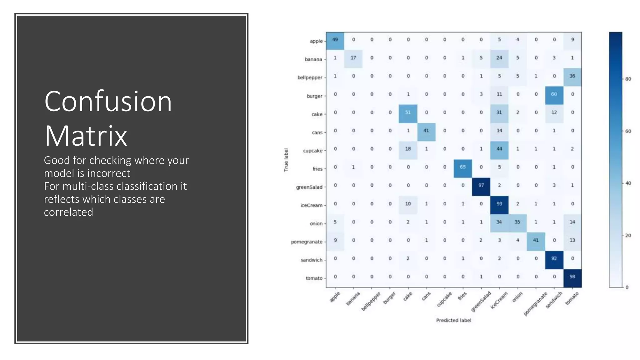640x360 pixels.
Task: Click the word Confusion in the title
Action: [108, 102]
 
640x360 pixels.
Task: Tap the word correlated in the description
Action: [68, 212]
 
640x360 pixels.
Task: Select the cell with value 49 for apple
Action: [335, 40]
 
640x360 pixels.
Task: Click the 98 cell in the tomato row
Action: [572, 277]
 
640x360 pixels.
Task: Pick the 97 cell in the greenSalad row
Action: [481, 185]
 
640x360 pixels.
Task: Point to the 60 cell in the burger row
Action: [554, 94]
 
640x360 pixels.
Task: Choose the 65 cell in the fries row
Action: [462, 167]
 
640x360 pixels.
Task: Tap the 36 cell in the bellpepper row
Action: [572, 76]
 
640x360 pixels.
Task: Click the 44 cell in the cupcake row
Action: [499, 149]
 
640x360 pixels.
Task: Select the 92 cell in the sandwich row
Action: [554, 258]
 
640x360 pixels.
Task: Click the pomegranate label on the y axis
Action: [307, 242]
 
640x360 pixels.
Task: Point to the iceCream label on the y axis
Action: [311, 205]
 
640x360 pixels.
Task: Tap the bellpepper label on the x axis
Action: [371, 301]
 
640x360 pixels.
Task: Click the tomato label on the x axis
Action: [572, 298]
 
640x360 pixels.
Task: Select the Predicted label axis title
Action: [453, 320]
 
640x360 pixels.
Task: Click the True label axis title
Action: [286, 160]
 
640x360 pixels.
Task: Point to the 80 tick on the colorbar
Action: [628, 79]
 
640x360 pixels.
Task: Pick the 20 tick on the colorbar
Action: [628, 235]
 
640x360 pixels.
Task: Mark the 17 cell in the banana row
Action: [353, 58]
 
